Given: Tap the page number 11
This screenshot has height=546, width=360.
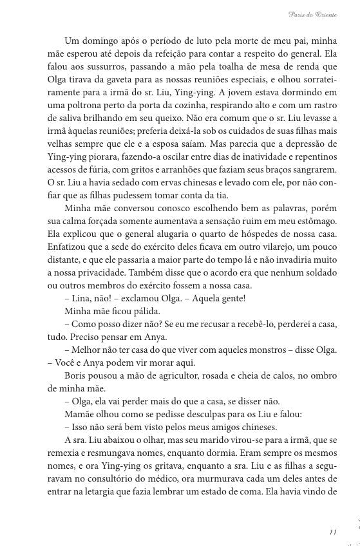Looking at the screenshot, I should [332, 531].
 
